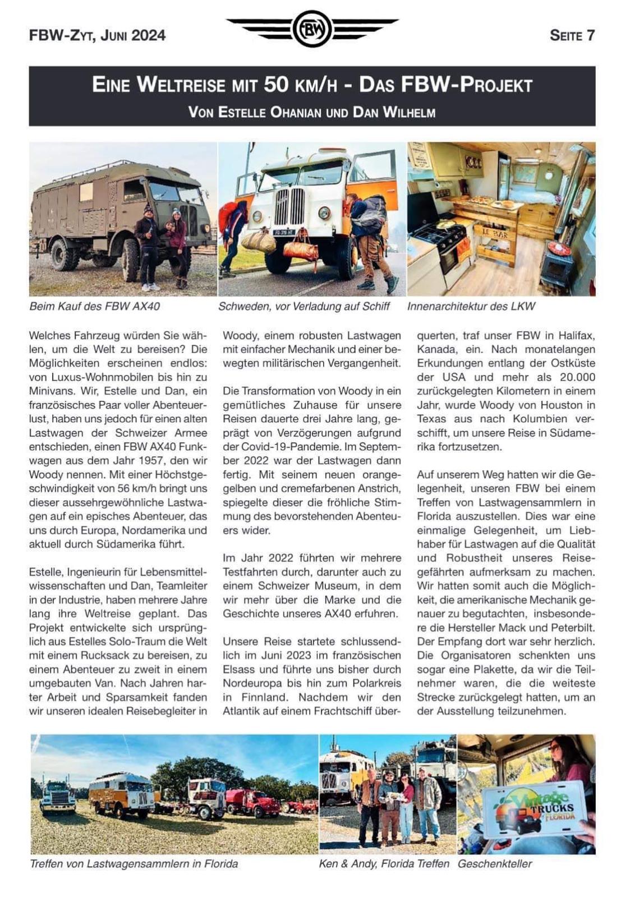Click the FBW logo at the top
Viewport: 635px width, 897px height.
tap(312, 29)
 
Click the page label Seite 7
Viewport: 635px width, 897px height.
tap(572, 35)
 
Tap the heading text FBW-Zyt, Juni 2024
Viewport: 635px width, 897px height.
tap(97, 35)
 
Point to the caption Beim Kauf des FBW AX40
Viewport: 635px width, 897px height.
tap(94, 306)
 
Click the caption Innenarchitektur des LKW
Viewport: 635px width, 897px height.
tap(471, 306)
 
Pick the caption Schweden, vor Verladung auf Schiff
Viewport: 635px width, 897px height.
tap(303, 306)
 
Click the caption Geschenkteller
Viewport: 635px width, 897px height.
tap(494, 863)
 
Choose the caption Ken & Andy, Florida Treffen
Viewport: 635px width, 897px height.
tap(384, 863)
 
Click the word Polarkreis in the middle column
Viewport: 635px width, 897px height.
tap(376, 683)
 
